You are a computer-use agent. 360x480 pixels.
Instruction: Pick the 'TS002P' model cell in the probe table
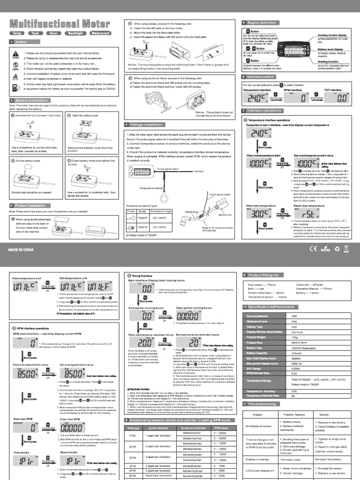(x=143, y=218)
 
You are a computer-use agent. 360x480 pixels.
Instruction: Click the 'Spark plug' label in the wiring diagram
(x=192, y=211)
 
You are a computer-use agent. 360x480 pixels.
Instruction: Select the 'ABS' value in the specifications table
(x=294, y=316)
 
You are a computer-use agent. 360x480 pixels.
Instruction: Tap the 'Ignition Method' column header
(x=157, y=428)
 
